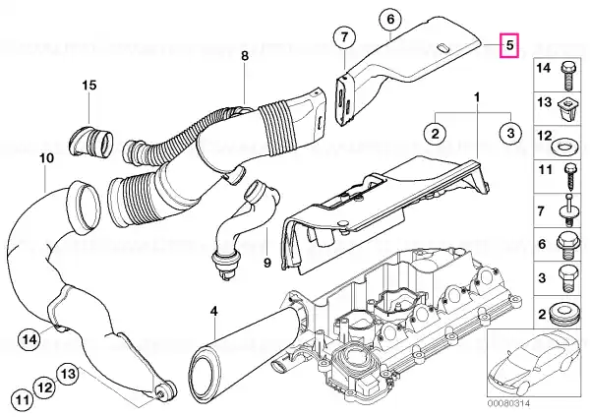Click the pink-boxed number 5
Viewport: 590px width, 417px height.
[x=509, y=45]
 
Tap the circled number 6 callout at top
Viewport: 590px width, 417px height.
[x=390, y=19]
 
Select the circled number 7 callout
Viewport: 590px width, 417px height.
[x=345, y=37]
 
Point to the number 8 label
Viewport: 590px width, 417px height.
[x=245, y=56]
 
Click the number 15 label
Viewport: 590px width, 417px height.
[x=89, y=85]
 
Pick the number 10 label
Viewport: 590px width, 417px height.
[x=46, y=158]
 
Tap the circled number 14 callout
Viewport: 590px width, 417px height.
[x=29, y=339]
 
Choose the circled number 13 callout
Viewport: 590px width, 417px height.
[x=68, y=374]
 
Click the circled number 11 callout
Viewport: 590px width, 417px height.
[x=23, y=399]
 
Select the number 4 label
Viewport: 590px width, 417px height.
[x=213, y=311]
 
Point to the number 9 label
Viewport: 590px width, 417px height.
[x=267, y=263]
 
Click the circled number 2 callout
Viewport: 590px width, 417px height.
[x=435, y=133]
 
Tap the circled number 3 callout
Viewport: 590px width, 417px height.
[x=510, y=133]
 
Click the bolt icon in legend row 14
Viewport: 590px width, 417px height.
[x=567, y=76]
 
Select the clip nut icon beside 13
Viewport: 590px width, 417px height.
[x=566, y=109]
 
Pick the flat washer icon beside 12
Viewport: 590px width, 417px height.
[x=563, y=146]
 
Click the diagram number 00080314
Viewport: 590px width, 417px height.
[x=509, y=403]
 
